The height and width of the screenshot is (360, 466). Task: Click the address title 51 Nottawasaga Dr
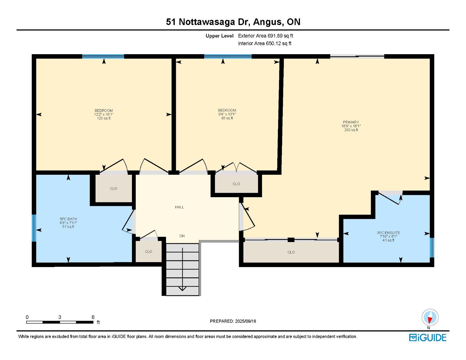tap(208, 22)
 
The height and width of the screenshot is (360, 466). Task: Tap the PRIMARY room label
tap(351, 122)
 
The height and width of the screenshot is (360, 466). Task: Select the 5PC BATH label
tap(68, 219)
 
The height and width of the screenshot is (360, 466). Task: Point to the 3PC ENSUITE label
tap(388, 233)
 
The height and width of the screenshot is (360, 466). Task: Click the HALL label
tap(179, 207)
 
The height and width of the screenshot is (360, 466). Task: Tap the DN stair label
tap(182, 236)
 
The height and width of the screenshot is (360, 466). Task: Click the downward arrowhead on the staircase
tap(182, 289)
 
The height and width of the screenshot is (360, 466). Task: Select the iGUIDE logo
tap(428, 338)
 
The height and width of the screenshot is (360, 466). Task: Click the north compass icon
tap(430, 317)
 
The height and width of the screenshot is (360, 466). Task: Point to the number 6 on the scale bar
tap(93, 317)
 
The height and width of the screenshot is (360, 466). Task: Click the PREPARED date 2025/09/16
tap(246, 321)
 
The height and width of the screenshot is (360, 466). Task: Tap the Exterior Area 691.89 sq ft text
tap(266, 36)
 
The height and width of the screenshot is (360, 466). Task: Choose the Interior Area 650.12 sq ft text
tap(265, 43)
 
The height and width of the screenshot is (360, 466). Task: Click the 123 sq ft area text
tap(104, 118)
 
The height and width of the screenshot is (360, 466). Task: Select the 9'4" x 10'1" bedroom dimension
tap(227, 114)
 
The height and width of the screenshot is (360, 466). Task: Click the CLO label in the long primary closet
tap(291, 252)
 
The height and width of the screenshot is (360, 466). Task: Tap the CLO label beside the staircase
tap(149, 252)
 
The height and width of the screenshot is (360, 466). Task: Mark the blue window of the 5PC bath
tap(34, 228)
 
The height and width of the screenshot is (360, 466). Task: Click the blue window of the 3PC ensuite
tap(432, 248)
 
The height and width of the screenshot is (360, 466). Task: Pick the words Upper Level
tap(219, 36)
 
